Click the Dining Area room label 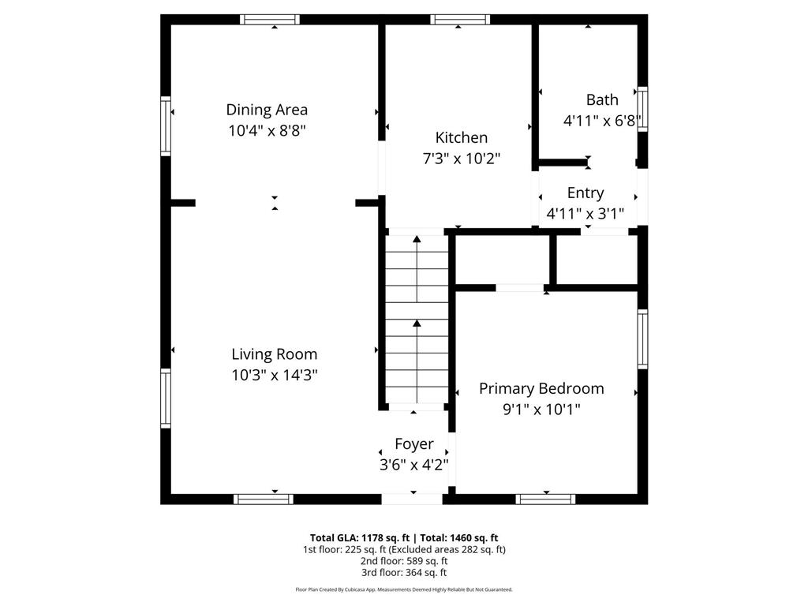click(267, 110)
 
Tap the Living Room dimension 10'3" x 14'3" click(274, 375)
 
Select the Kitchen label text click(461, 137)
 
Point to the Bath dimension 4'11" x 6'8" click(602, 121)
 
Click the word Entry click(585, 193)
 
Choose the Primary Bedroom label click(541, 388)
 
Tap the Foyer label click(413, 444)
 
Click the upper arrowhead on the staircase click(417, 238)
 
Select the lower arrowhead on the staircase click(417, 323)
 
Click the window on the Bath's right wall click(642, 109)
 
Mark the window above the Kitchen click(460, 20)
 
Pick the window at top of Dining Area click(270, 20)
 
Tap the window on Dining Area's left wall click(166, 125)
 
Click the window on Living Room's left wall click(166, 398)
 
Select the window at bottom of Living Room click(264, 499)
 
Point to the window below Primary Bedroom click(546, 499)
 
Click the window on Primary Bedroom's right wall click(642, 339)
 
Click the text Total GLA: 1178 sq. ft click(360, 538)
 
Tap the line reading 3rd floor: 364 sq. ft click(404, 573)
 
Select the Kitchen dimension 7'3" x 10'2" click(461, 159)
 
